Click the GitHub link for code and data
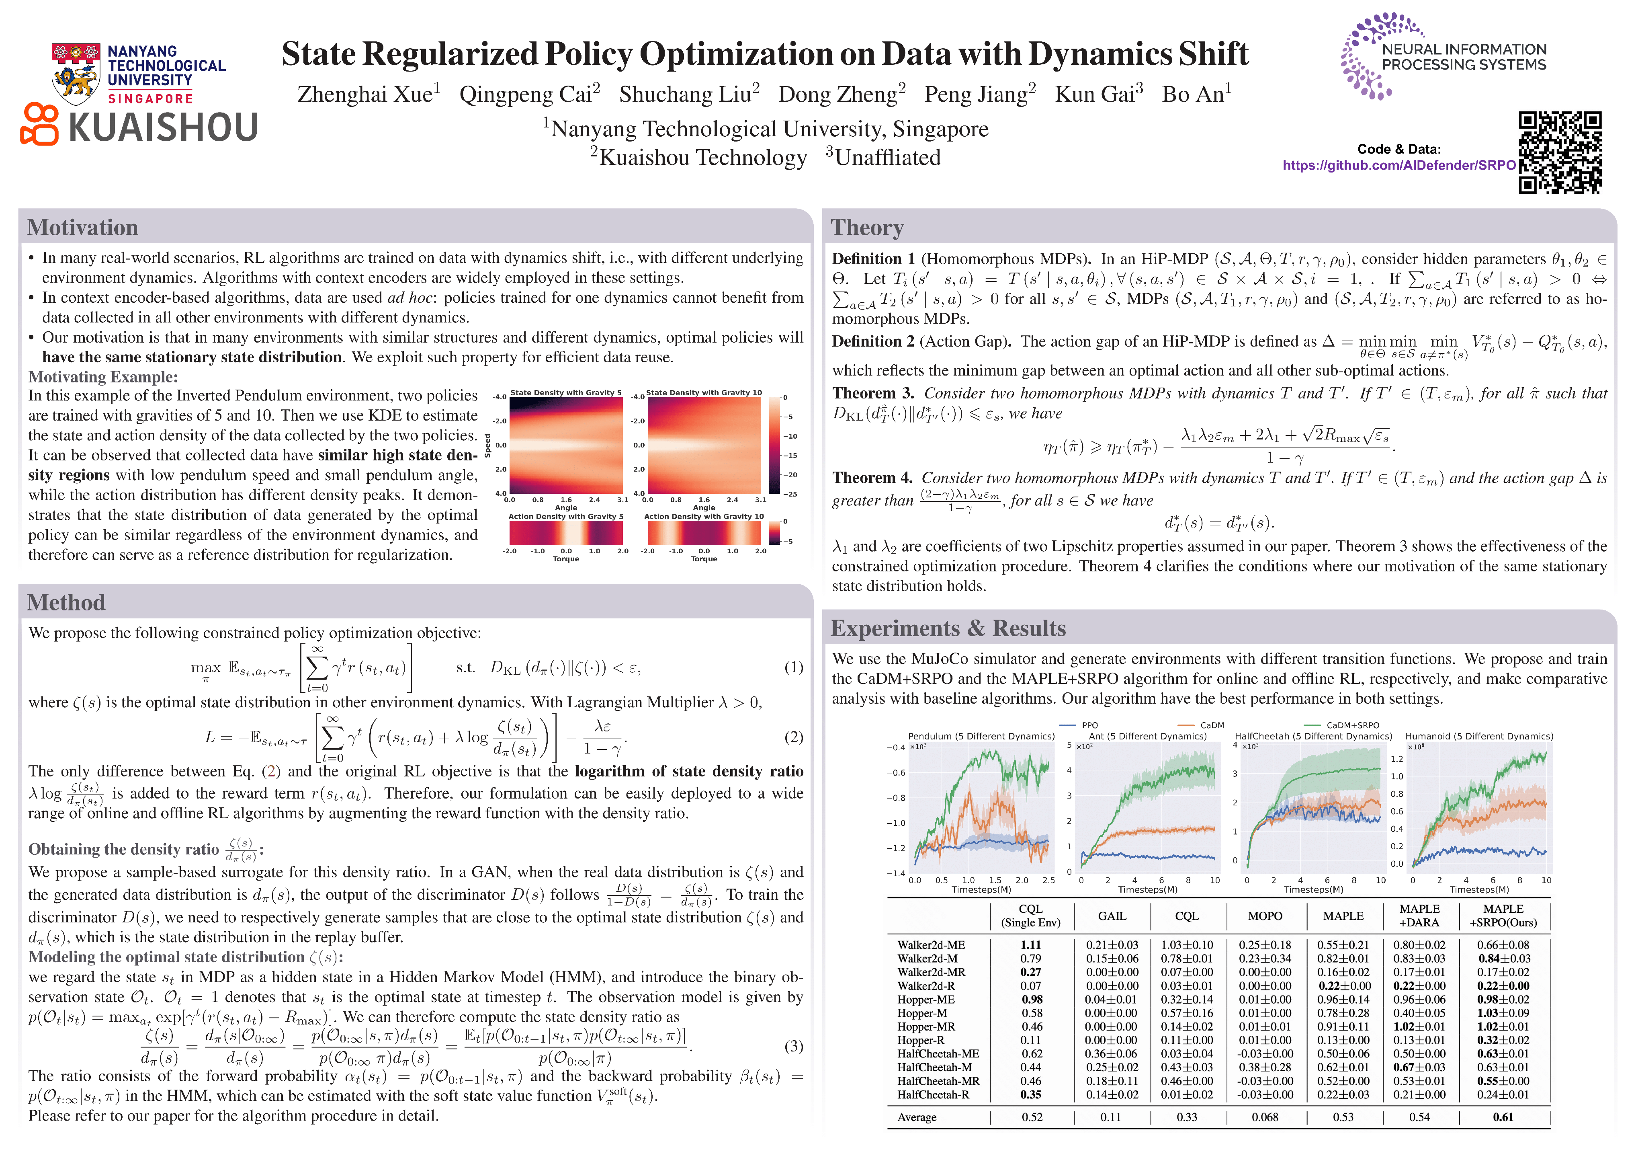tap(1399, 165)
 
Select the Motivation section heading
tap(83, 228)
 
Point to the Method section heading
tap(66, 603)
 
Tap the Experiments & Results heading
tap(948, 629)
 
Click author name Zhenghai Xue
tap(365, 95)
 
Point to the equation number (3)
tap(794, 1046)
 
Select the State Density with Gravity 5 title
tap(566, 393)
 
